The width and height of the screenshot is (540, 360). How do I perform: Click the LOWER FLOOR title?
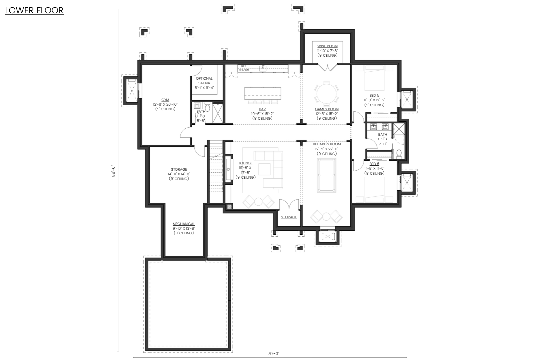coord(34,10)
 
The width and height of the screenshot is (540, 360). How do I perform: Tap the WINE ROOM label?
coord(327,46)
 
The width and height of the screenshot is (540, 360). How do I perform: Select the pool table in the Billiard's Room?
coord(327,175)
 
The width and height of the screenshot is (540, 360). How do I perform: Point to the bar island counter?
coord(262,93)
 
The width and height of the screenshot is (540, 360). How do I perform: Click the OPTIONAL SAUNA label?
coord(204,81)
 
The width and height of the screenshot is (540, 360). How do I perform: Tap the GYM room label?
coord(165,100)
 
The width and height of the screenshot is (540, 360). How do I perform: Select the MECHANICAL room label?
coord(184,224)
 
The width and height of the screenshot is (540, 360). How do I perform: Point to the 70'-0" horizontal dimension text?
coord(273,353)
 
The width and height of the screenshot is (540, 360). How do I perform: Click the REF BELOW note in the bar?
coord(243,68)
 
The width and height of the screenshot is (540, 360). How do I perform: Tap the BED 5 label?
coord(374,96)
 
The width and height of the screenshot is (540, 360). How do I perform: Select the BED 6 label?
coord(374,164)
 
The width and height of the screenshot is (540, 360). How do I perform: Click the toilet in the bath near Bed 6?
coord(399,154)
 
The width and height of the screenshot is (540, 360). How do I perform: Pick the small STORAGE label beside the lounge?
coord(289,217)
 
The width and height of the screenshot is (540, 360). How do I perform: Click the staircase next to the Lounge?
coord(216,172)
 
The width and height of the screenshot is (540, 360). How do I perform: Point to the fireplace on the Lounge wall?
coord(229,169)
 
